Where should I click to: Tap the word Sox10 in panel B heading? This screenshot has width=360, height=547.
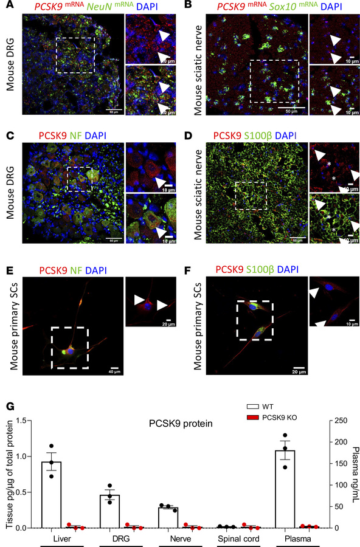266,7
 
